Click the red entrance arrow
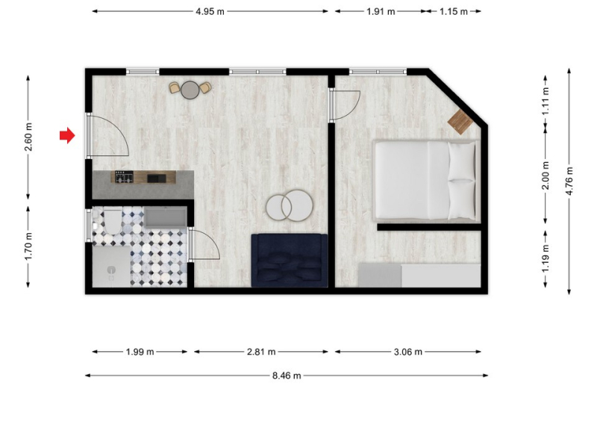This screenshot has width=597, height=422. point(67,135)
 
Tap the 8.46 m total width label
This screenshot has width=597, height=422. point(287,376)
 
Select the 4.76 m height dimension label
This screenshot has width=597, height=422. point(569,181)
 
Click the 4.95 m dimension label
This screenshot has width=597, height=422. point(210,11)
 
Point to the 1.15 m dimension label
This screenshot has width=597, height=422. point(454,11)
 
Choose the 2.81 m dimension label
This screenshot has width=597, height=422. point(261,352)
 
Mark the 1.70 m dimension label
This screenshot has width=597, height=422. point(28,246)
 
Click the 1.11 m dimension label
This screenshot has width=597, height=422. point(546,102)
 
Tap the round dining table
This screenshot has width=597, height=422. point(190,90)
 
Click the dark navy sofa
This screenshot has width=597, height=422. point(290,261)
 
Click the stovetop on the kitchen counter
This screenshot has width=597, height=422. point(124,177)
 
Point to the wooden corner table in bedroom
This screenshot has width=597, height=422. point(460,122)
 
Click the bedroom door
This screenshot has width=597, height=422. point(345,106)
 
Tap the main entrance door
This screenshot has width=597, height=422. point(108,136)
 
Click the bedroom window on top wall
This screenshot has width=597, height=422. point(378,71)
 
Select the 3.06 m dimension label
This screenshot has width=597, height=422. point(408,352)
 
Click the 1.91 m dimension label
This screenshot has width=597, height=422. point(381,11)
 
